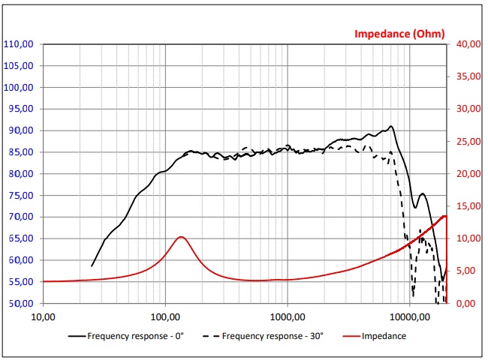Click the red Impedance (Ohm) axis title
399,33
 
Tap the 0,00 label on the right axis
468,304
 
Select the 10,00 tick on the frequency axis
43,316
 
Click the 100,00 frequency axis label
164,316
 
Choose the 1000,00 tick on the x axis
287,316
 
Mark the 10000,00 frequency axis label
409,316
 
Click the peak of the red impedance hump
180,237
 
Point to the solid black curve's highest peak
390,127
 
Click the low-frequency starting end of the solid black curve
92,265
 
